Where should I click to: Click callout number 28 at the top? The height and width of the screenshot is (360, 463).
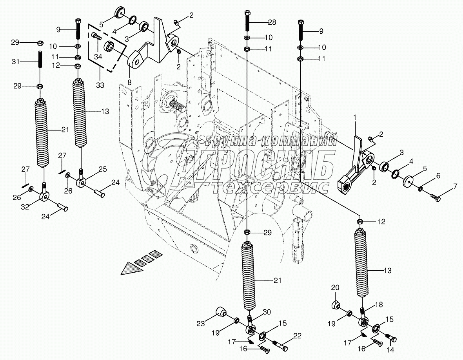272,22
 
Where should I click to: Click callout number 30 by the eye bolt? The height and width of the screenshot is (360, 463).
267,312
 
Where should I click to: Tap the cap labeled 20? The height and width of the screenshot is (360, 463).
336,304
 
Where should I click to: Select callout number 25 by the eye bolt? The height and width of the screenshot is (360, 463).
102,169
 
